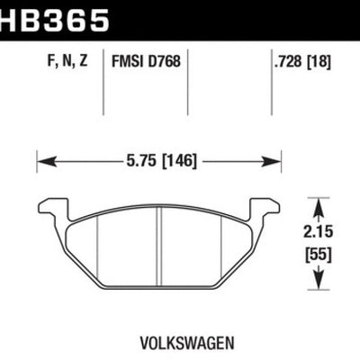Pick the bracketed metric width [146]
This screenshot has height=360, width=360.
176,164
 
